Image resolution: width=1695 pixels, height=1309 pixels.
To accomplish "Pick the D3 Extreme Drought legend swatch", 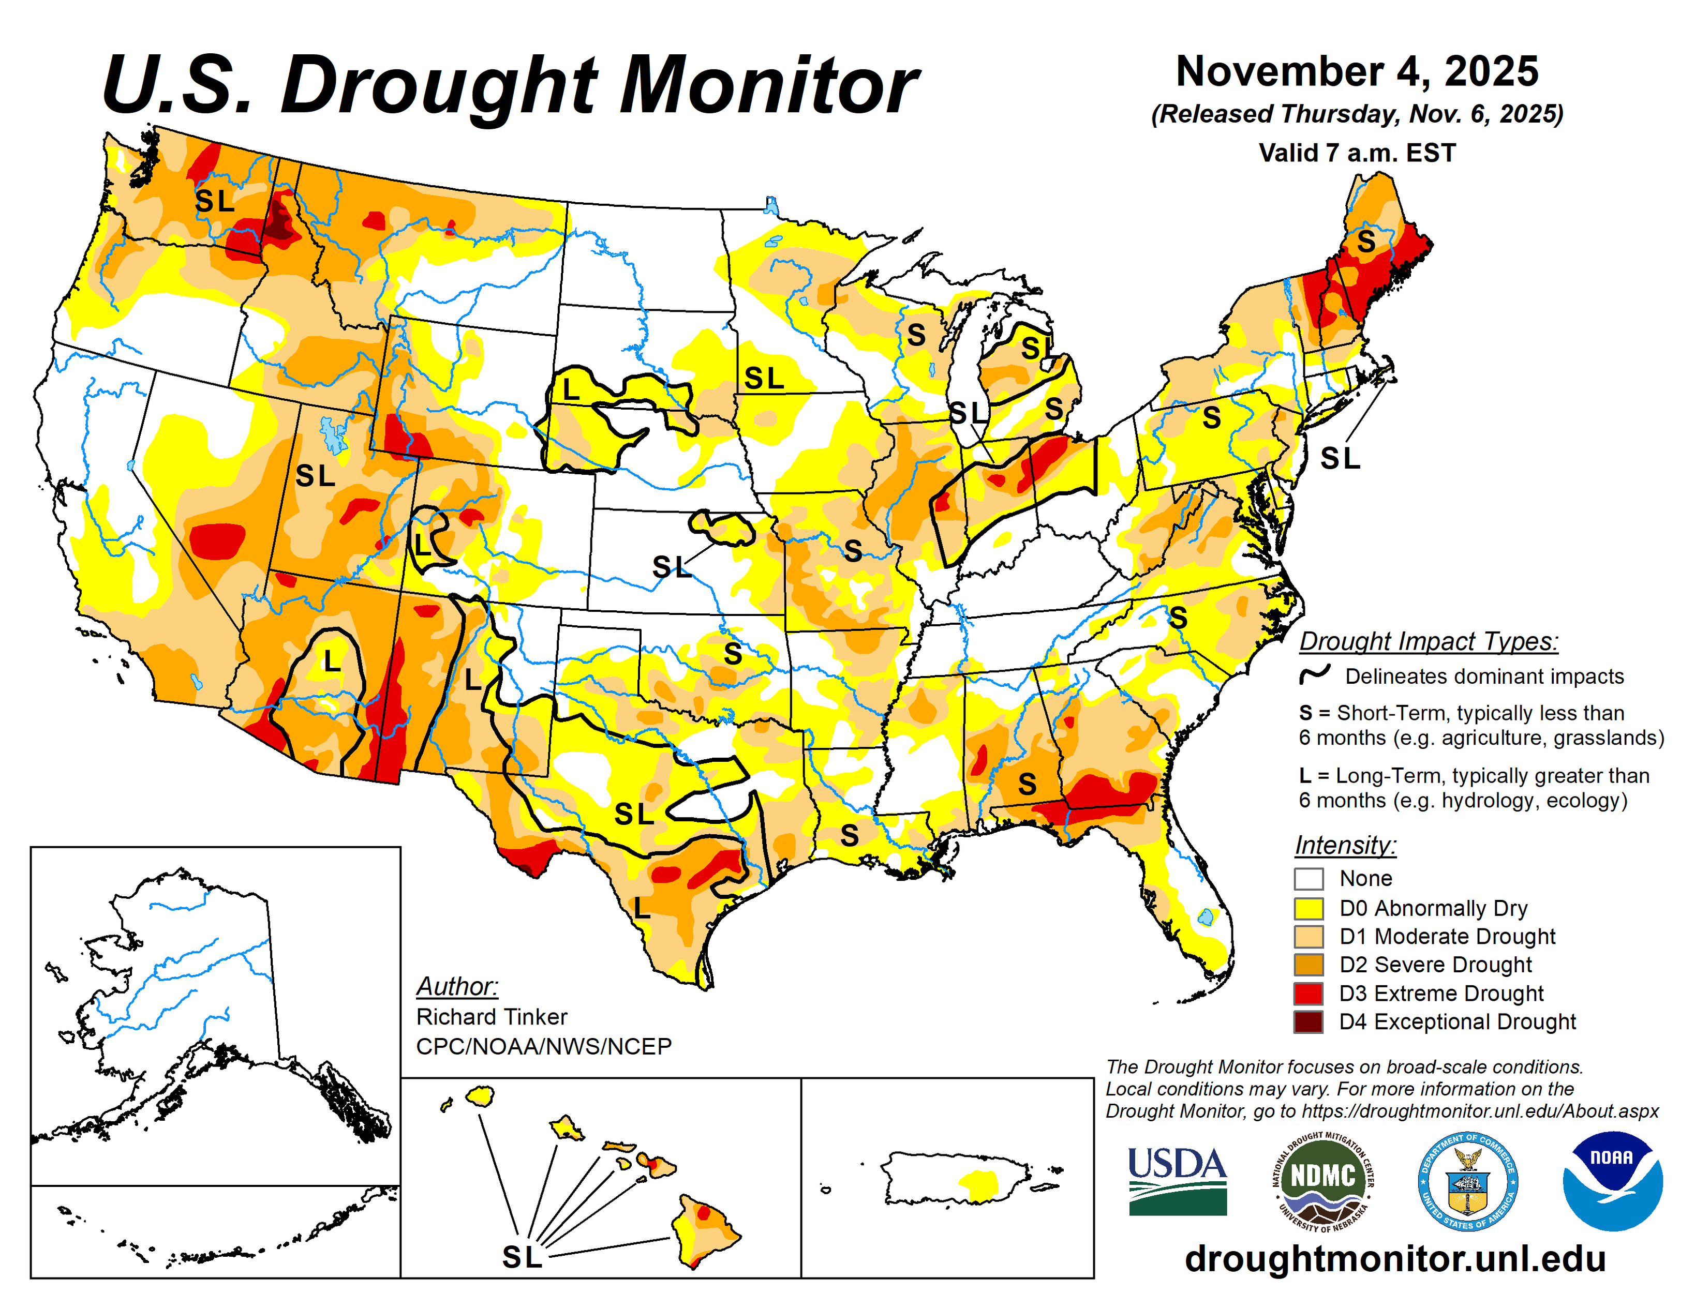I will (x=1308, y=993).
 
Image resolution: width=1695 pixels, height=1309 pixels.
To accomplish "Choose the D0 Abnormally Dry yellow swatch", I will (x=1308, y=908).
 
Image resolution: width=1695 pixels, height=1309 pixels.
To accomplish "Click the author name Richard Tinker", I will (x=492, y=1016).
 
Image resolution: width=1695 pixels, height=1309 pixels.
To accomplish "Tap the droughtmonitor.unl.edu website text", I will (x=1395, y=1258).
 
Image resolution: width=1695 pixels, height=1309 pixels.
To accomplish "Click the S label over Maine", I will (x=1366, y=242).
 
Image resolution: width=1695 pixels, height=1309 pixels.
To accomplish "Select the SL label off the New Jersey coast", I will (x=1340, y=459).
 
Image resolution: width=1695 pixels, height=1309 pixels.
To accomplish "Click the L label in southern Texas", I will (x=641, y=907).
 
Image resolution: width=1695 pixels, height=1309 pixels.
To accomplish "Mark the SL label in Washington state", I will (x=214, y=201).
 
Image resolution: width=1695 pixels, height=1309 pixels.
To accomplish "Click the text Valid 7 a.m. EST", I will (x=1357, y=153).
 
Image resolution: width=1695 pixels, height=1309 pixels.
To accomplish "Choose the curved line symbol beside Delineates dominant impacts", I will (x=1315, y=674).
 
